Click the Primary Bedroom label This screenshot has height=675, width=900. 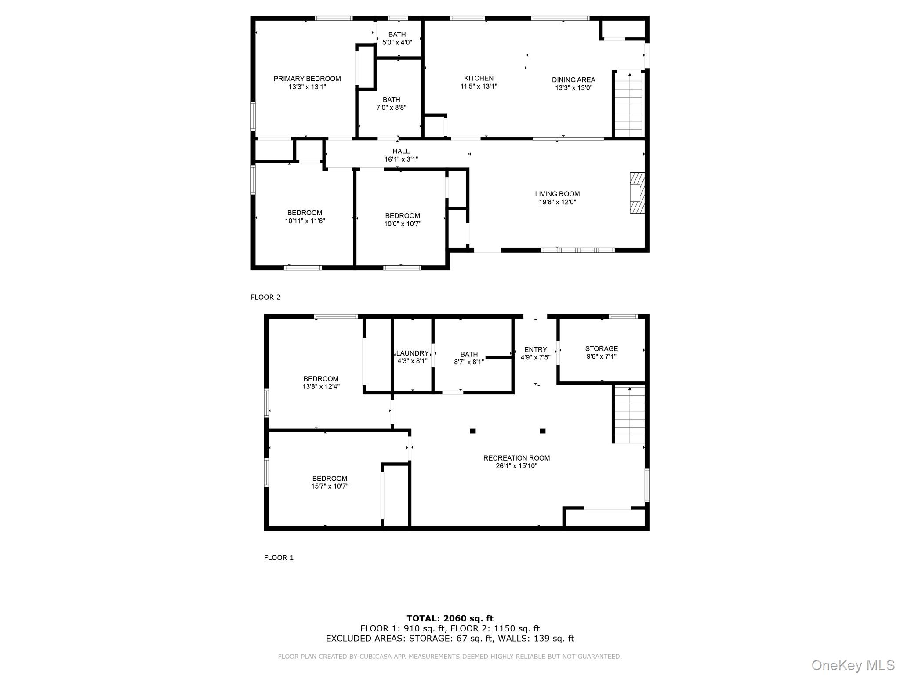[x=307, y=79]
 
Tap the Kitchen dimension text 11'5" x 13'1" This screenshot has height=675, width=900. [x=478, y=87]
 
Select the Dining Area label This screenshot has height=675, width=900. [x=573, y=80]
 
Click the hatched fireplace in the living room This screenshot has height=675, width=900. [x=637, y=193]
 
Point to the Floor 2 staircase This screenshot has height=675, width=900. [x=629, y=105]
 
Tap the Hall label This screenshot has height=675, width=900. [x=401, y=151]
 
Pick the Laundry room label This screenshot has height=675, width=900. [x=412, y=353]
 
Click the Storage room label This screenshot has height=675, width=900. [x=601, y=348]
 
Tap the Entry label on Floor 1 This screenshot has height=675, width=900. [x=535, y=350]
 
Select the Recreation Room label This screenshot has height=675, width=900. [x=516, y=458]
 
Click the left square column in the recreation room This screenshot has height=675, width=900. [x=473, y=431]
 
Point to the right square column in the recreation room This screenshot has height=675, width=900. [x=542, y=431]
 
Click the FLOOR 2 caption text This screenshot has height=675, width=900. [x=265, y=297]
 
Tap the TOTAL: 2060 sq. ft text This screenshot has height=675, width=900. [x=450, y=619]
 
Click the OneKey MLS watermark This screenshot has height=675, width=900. [x=853, y=665]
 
